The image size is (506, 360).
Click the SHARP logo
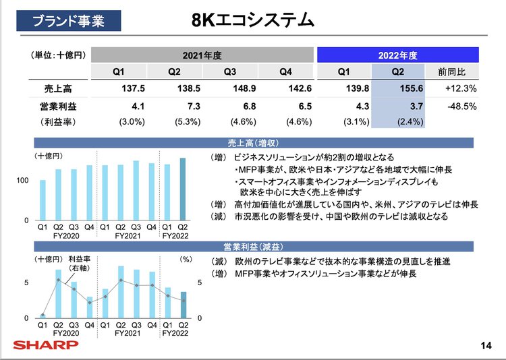point(46,345)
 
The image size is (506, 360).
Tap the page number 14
point(485,346)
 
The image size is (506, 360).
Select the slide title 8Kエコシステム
point(252,21)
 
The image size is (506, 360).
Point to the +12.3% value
point(461,88)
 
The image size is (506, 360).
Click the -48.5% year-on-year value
point(461,105)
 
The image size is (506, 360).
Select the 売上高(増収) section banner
point(253,143)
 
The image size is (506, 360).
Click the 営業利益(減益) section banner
point(253,246)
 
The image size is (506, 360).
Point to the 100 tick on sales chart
point(22,181)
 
